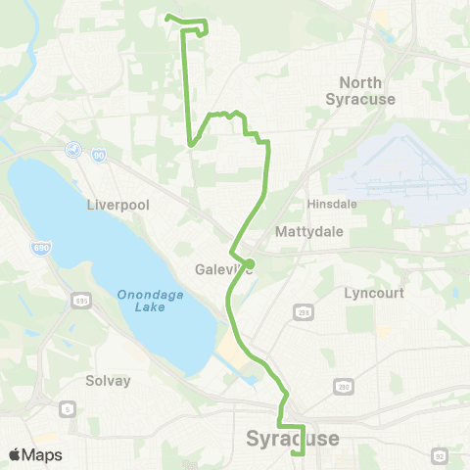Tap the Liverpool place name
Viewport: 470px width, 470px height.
(x=116, y=206)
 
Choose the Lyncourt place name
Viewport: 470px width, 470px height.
(x=374, y=293)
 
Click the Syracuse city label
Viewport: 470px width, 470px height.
(x=294, y=438)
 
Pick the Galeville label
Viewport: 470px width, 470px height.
(x=220, y=270)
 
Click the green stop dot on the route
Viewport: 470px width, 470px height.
(x=250, y=263)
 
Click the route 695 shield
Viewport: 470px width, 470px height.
(x=79, y=299)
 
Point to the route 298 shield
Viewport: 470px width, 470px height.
(x=304, y=311)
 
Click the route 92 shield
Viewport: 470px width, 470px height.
(x=440, y=454)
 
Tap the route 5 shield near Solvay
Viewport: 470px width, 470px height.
(x=68, y=408)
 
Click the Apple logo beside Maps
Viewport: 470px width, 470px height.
(x=15, y=454)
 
